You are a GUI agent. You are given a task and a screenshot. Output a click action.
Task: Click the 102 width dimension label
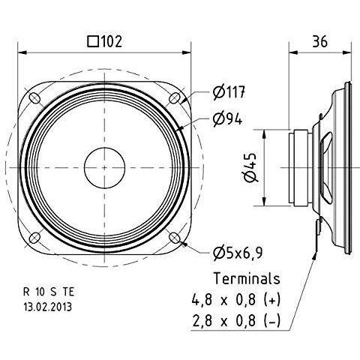(x=112, y=41)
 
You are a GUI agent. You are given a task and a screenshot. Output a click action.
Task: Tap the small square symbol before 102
(x=93, y=42)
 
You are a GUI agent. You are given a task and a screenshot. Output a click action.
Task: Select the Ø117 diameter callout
(x=229, y=92)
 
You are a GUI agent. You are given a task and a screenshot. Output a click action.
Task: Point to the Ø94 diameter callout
(x=227, y=119)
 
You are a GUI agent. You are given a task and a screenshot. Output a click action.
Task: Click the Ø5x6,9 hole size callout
(x=238, y=253)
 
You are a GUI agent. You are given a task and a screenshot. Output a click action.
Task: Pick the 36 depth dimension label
(x=319, y=41)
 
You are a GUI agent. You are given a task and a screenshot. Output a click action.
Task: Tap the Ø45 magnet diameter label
(x=250, y=167)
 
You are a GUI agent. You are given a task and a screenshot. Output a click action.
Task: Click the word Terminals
(x=247, y=278)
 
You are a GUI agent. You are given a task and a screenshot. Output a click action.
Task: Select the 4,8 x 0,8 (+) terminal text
(x=236, y=299)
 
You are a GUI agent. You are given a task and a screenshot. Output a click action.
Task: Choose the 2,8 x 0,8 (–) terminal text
(x=236, y=321)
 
